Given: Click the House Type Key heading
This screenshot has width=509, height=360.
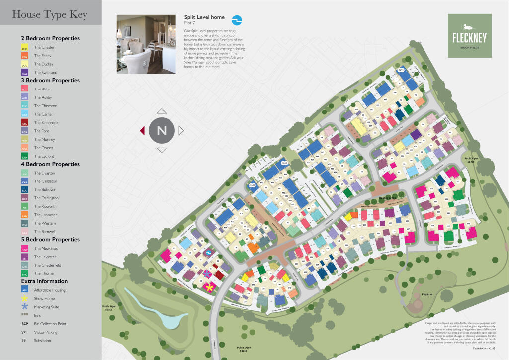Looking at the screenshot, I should coord(50,15).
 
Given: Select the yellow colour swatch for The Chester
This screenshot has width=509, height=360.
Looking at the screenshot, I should coord(24,48).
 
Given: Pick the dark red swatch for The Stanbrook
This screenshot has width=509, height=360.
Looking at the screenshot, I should coord(24,123).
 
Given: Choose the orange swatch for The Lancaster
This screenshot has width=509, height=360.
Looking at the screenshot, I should coord(24,215).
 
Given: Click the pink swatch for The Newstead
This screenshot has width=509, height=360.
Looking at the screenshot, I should coord(24,249).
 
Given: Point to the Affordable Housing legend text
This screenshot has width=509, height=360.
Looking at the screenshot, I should coord(50,290).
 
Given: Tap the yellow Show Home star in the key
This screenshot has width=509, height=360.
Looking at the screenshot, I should coord(24,299).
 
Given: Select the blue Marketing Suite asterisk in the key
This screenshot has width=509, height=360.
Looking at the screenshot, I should coord(24,307).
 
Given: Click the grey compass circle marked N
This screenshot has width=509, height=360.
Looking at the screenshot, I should coord(162,131).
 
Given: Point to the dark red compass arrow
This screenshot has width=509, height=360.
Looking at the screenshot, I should coord(142,131).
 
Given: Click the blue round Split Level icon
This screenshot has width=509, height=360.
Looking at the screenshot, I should coord(238,20).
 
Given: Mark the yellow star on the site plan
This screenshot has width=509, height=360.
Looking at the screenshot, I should coord(210,287).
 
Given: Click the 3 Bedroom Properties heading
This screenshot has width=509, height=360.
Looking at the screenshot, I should coord(50,80).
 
